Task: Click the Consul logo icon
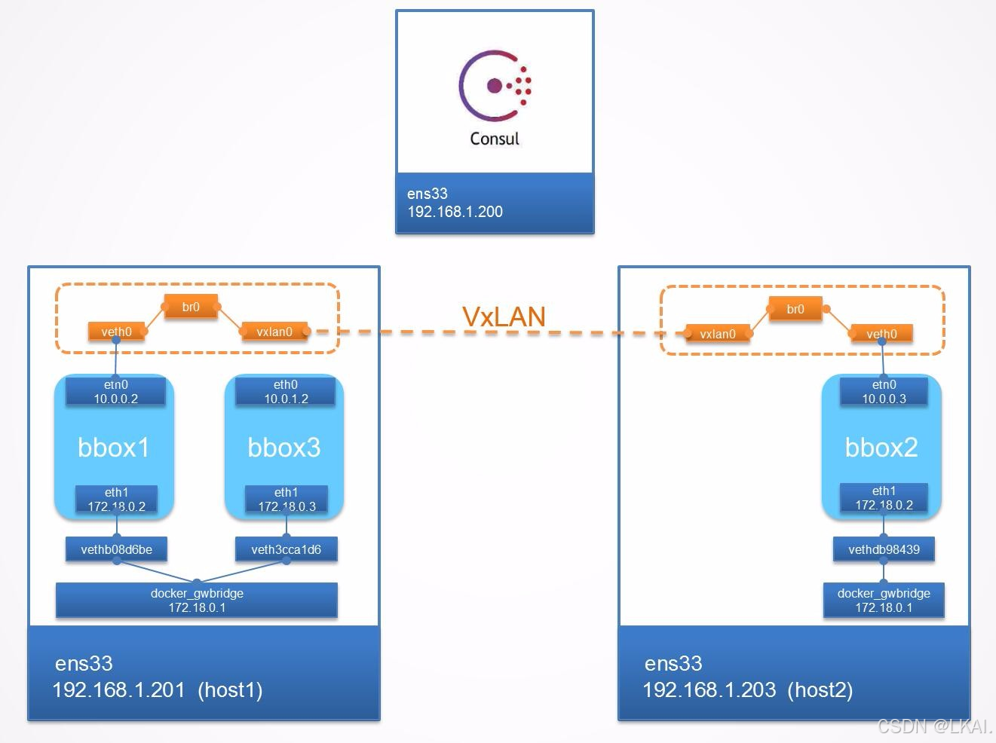click(x=495, y=87)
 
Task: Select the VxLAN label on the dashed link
click(x=504, y=317)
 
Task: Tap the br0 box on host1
click(x=191, y=307)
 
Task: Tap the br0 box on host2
click(x=795, y=309)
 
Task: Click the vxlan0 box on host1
click(x=274, y=332)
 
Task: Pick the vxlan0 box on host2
click(x=718, y=334)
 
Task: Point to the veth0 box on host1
click(x=116, y=332)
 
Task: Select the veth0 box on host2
click(x=881, y=334)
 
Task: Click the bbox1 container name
click(x=114, y=448)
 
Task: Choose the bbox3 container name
click(x=284, y=448)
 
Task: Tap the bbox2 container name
click(x=881, y=448)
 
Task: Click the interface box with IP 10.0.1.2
click(x=286, y=392)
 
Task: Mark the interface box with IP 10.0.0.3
click(x=884, y=392)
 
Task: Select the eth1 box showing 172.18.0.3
click(x=287, y=500)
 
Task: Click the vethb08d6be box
click(x=116, y=549)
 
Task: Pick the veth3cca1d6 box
click(x=287, y=549)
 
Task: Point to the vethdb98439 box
click(x=884, y=549)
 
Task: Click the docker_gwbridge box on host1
click(x=197, y=601)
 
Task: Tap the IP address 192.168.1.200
click(x=455, y=212)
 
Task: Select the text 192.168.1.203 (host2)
click(x=747, y=689)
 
